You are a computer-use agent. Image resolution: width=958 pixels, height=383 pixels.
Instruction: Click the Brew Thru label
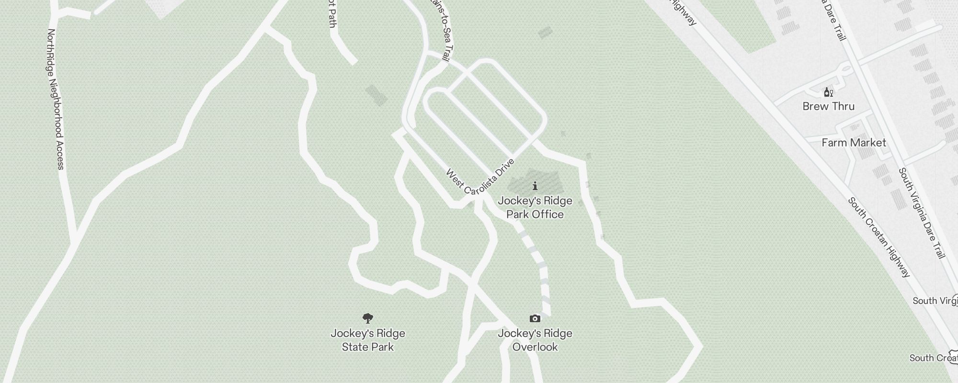click(828, 106)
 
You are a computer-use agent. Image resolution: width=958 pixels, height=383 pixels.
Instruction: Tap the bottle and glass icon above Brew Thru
click(828, 92)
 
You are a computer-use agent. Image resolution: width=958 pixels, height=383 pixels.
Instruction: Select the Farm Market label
click(854, 143)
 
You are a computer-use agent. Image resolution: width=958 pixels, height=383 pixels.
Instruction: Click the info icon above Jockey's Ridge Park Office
click(535, 186)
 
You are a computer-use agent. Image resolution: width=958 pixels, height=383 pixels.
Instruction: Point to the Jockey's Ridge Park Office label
click(535, 207)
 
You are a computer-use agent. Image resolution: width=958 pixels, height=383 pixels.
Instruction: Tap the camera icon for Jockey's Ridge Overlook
click(535, 318)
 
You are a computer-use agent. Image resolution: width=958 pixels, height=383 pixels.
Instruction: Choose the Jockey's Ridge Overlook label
click(535, 340)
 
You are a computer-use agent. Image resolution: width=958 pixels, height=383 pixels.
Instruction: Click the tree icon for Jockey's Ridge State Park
click(367, 318)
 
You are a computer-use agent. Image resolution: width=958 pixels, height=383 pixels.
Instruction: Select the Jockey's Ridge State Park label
click(367, 340)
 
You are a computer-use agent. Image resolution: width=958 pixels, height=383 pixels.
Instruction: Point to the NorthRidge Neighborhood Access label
click(56, 99)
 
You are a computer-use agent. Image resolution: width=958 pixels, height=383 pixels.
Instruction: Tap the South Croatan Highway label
click(879, 237)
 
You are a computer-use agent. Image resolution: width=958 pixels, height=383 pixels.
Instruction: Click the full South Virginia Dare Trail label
click(922, 213)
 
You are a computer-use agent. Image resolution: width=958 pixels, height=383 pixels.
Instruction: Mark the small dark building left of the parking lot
click(376, 95)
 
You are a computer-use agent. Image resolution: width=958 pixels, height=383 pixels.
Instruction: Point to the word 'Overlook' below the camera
click(535, 347)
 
